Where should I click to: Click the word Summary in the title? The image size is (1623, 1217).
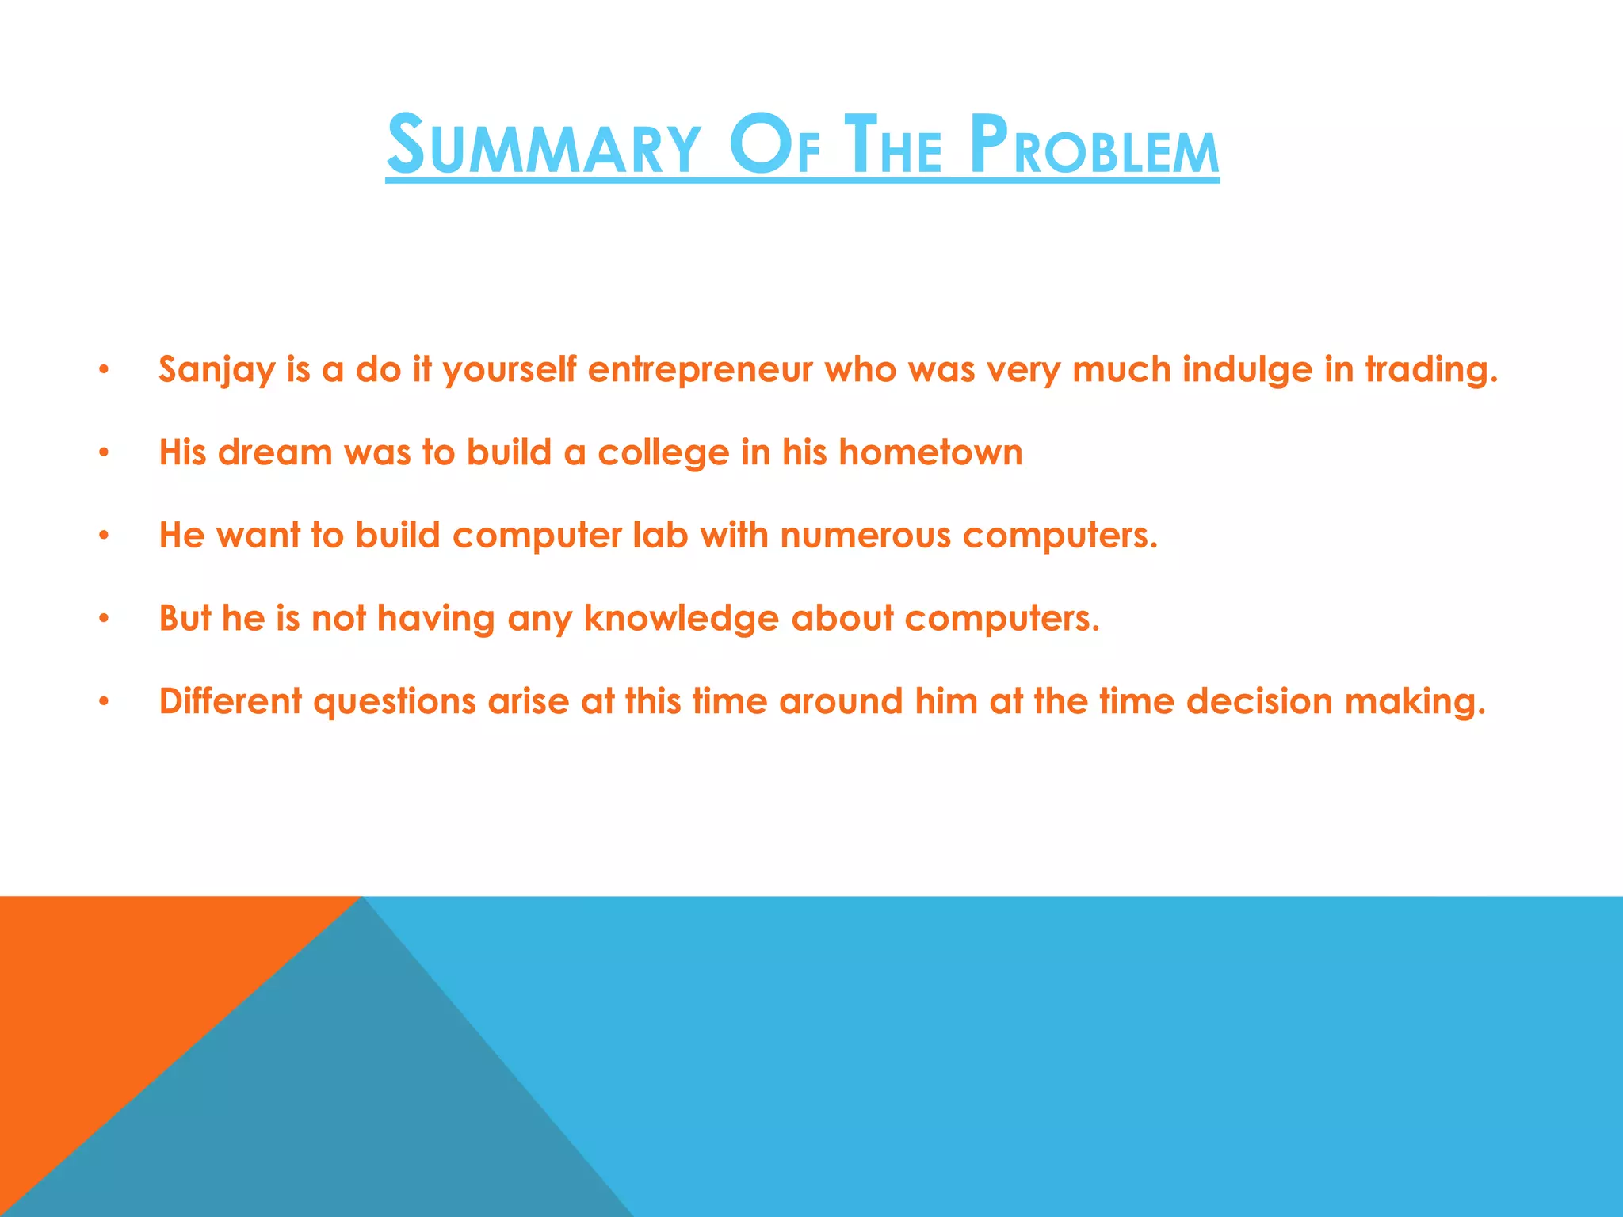(x=544, y=146)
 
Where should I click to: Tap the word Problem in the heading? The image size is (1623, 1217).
(x=1094, y=146)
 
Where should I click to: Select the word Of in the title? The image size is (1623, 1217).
(x=774, y=146)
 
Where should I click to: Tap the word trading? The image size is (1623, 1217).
(x=1431, y=370)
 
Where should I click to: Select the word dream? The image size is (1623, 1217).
(x=275, y=452)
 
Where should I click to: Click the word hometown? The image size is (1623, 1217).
(x=930, y=452)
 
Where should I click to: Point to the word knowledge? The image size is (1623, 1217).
(x=682, y=619)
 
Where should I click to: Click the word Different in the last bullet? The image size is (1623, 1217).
(x=231, y=701)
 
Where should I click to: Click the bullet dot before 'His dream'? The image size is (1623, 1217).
(x=103, y=453)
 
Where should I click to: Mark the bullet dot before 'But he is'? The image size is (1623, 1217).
(x=103, y=619)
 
